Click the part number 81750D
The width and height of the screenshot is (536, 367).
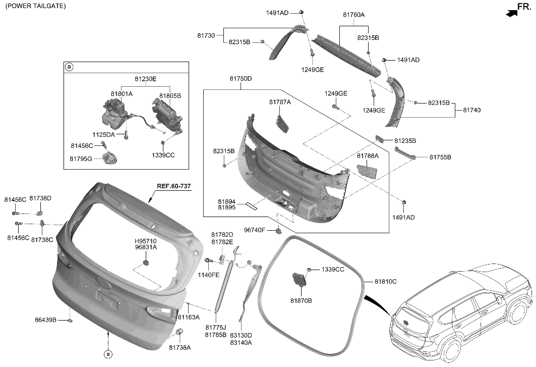[x=241, y=79]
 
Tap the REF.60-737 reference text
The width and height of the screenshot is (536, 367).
[x=174, y=186]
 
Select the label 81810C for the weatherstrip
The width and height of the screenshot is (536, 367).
[x=385, y=281]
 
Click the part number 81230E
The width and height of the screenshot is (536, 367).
[x=145, y=79]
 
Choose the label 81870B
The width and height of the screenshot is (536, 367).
[x=301, y=301]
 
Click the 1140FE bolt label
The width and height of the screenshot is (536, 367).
[x=208, y=275]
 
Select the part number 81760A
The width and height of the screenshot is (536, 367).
[x=353, y=15]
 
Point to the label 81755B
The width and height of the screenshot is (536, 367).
[x=440, y=158]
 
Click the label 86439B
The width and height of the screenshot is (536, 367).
[x=46, y=320]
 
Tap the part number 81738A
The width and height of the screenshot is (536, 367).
[x=180, y=347]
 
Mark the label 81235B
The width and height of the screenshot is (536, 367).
[x=405, y=140]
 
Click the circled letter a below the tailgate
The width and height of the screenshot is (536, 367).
[x=107, y=354]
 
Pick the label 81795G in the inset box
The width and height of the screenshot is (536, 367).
[x=81, y=159]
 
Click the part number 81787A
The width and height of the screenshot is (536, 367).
[x=280, y=102]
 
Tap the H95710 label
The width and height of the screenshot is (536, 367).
[x=145, y=241]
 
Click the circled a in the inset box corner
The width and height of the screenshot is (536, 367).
[x=70, y=67]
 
